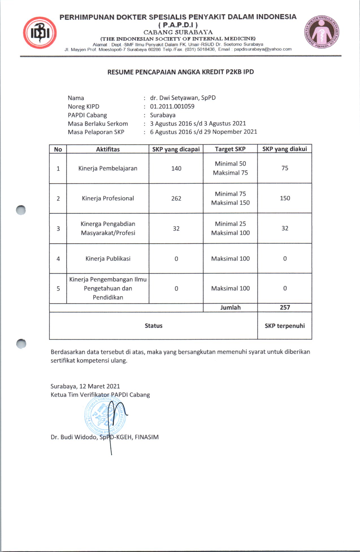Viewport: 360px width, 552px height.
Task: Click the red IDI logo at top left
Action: pos(40,33)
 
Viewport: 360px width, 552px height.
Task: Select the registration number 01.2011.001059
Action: pos(172,107)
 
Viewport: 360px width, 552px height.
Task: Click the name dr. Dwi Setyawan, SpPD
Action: pos(183,98)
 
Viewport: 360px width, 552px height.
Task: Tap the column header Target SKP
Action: pos(230,149)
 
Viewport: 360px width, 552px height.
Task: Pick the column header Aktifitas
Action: pos(108,149)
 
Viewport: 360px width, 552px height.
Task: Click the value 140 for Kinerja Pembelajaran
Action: pos(176,169)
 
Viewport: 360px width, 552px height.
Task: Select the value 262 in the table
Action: pos(176,199)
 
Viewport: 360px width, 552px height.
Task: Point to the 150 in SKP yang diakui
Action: pos(285,198)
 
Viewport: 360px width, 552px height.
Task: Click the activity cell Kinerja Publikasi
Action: pos(108,258)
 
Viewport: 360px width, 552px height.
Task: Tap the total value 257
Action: pos(285,307)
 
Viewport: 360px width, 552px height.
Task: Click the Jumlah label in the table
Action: pos(230,308)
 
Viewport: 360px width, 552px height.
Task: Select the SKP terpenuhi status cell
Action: pos(285,326)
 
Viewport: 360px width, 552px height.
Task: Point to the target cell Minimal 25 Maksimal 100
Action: pos(230,228)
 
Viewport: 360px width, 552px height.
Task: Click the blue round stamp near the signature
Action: pos(105,415)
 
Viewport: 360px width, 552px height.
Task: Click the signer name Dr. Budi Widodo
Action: pos(105,437)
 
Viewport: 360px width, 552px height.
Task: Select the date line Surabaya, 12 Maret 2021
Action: pos(85,386)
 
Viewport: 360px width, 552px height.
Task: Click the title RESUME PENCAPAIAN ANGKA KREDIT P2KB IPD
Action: pos(181,72)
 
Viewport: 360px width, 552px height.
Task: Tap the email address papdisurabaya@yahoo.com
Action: pos(263,49)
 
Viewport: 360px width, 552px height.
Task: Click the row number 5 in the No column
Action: pos(58,288)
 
